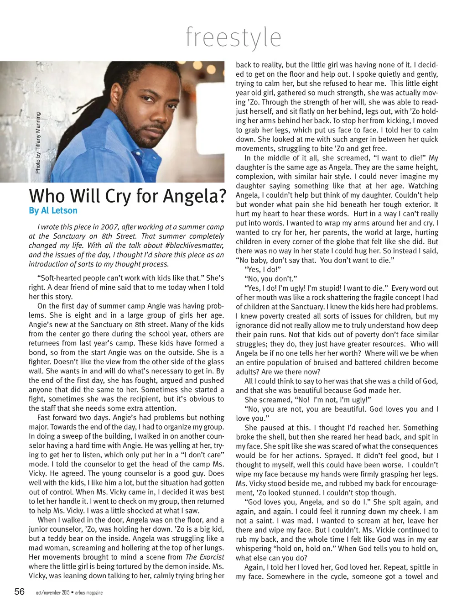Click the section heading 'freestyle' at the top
(x=233, y=37)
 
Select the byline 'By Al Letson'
(x=53, y=211)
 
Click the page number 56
(x=19, y=592)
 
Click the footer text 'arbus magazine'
(x=88, y=593)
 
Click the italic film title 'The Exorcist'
(x=205, y=557)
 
